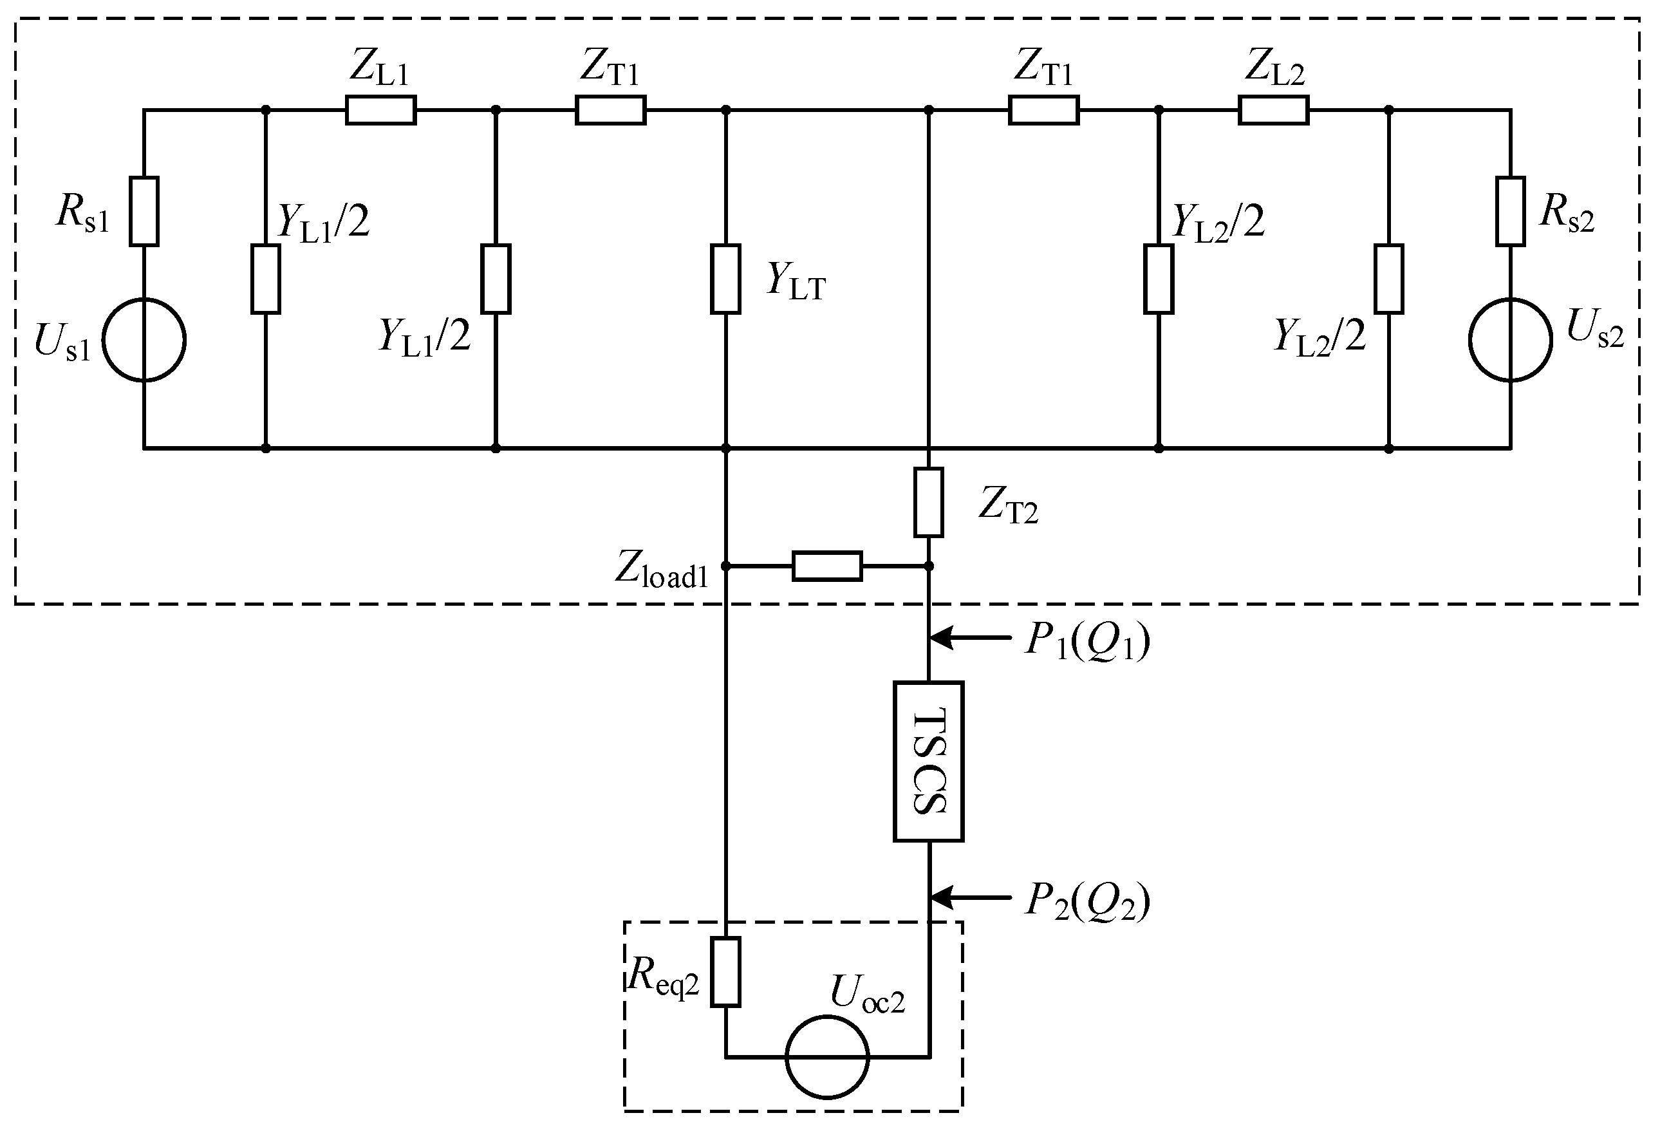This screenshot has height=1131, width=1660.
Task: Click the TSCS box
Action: tap(928, 761)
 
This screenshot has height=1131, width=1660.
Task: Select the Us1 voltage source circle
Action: tap(144, 340)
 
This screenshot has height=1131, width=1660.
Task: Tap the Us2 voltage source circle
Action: tap(1510, 340)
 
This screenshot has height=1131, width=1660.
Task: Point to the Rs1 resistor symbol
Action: tap(144, 212)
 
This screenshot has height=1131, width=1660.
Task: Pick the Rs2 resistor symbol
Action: tap(1510, 212)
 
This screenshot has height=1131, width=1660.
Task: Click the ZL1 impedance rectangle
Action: tap(380, 111)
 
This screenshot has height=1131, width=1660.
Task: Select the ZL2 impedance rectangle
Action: tap(1274, 111)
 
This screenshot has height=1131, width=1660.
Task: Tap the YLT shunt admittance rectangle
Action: tap(725, 279)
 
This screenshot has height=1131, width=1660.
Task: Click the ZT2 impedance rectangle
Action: tap(928, 502)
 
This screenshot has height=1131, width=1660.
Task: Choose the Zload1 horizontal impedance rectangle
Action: tap(826, 566)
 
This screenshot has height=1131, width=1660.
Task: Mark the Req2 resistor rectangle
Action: tap(725, 971)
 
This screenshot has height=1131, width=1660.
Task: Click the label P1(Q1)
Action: tap(1087, 641)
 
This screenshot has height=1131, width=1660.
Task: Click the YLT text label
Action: tap(796, 281)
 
